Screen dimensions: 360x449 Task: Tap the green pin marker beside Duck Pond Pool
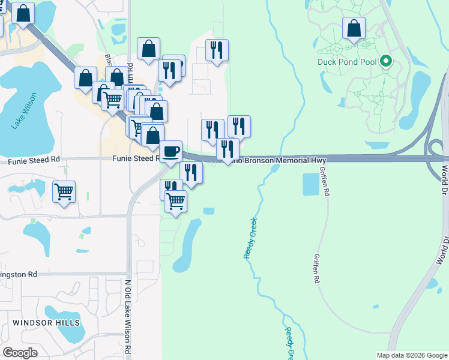tap(386, 61)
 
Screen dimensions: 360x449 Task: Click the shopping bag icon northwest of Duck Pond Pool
tap(354, 28)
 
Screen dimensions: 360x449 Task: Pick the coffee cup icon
tap(171, 151)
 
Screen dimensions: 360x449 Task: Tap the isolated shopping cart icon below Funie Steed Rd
tap(64, 192)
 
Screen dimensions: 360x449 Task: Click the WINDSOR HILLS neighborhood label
tap(46, 323)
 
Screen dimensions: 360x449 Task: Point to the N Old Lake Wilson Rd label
tap(128, 315)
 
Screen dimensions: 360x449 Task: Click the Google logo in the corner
tap(20, 352)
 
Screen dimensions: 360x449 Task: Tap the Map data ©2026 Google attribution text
tap(411, 355)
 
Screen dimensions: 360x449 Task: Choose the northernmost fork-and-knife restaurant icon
tap(217, 50)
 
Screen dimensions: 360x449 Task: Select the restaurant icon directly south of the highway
tap(191, 173)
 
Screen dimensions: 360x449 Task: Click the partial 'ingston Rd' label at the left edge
tap(19, 274)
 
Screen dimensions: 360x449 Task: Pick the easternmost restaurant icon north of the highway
tap(239, 126)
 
